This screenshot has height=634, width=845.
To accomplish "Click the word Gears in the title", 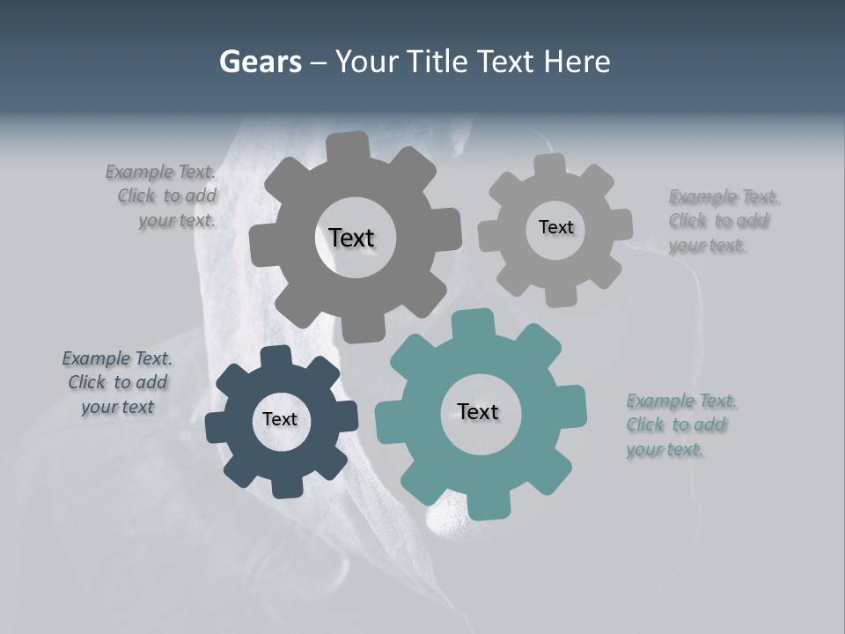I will click(x=260, y=62).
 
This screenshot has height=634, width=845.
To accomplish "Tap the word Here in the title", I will click(x=577, y=62).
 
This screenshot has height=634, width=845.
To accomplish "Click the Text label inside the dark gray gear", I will click(x=351, y=238).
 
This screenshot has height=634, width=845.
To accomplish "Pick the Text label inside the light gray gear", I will click(x=555, y=227).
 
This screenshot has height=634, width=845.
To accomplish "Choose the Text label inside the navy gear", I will click(x=280, y=419).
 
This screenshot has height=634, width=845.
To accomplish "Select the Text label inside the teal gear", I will click(x=478, y=411).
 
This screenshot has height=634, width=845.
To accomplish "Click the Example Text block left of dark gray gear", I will click(x=163, y=196).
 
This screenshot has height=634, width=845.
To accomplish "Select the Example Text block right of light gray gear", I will click(x=722, y=221).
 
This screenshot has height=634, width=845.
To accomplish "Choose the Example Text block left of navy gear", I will click(x=117, y=383).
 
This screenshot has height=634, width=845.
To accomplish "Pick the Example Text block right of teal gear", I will click(x=680, y=425).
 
